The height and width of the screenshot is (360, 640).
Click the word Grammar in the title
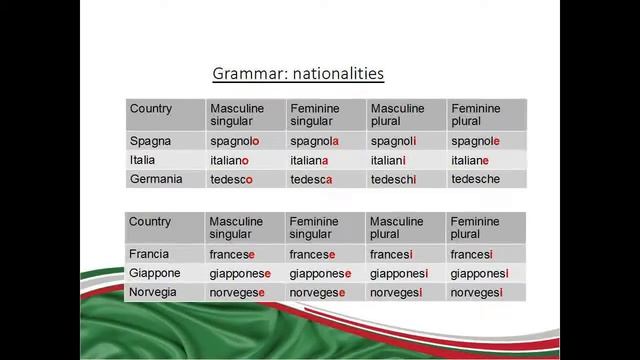pyautogui.click(x=244, y=74)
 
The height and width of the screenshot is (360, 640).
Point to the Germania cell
pyautogui.click(x=155, y=179)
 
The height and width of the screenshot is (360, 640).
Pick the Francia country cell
pyautogui.click(x=149, y=254)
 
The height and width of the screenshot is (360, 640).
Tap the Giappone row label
pyautogui.click(x=155, y=273)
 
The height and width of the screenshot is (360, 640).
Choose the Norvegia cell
pyautogui.click(x=153, y=292)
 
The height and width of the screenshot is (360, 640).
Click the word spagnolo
pyautogui.click(x=234, y=142)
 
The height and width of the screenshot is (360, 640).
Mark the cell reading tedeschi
pyautogui.click(x=393, y=180)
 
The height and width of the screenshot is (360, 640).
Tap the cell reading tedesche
pyautogui.click(x=475, y=180)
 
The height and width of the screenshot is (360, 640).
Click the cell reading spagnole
pyautogui.click(x=475, y=142)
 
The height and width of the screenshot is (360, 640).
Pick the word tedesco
pyautogui.click(x=231, y=180)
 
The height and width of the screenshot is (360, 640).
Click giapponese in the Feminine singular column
pyautogui.click(x=320, y=273)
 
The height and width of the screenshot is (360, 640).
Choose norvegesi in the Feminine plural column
pyautogui.click(x=476, y=292)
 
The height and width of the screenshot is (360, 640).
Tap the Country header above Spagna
pyautogui.click(x=151, y=109)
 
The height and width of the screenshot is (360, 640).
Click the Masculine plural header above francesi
pyautogui.click(x=397, y=227)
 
